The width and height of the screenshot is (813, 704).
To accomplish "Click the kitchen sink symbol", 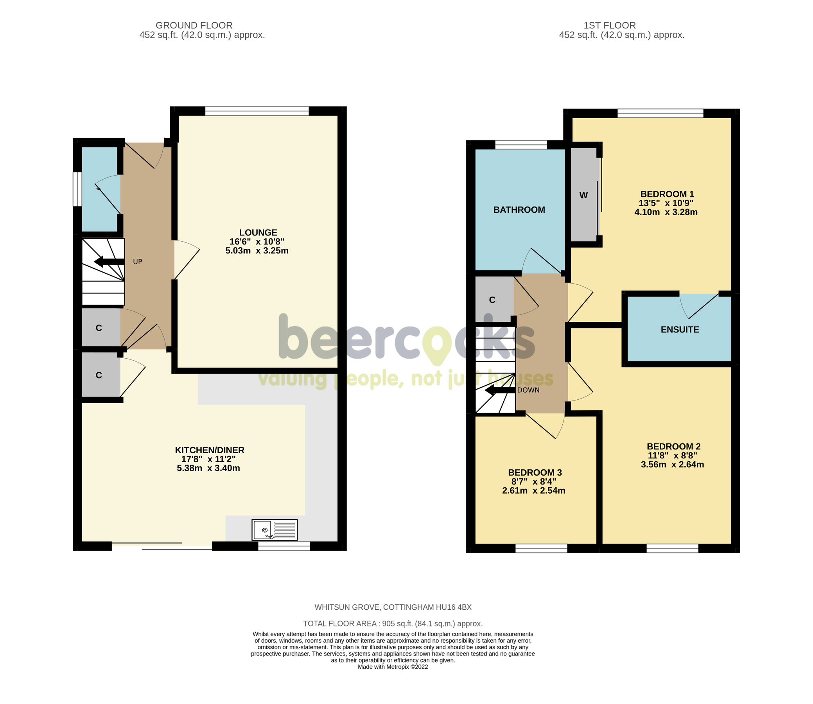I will [274, 530].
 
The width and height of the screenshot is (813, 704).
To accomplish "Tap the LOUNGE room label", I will [258, 233].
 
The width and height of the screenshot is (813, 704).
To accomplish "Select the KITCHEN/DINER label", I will [209, 450].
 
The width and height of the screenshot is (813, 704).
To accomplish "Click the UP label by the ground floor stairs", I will [138, 262].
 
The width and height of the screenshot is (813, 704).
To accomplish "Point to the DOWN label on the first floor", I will [528, 390].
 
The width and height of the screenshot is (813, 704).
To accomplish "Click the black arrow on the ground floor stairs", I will [104, 262].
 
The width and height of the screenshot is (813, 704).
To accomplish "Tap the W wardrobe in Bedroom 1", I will [583, 195].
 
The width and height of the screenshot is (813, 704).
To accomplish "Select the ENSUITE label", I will [680, 330].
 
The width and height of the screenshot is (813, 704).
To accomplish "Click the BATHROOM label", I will [519, 210].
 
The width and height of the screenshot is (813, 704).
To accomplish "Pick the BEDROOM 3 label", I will [535, 472].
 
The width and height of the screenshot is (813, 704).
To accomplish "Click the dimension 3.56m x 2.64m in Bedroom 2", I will [672, 464].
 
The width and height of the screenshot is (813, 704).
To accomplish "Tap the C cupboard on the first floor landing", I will [492, 300].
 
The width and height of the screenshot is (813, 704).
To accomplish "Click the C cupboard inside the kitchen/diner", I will [99, 375].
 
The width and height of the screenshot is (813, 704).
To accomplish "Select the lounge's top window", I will [257, 111].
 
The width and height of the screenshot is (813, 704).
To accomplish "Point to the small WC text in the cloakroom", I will [99, 189].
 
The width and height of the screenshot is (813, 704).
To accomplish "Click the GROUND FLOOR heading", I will [194, 25].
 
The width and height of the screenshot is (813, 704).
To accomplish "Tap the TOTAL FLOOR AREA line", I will [392, 623].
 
